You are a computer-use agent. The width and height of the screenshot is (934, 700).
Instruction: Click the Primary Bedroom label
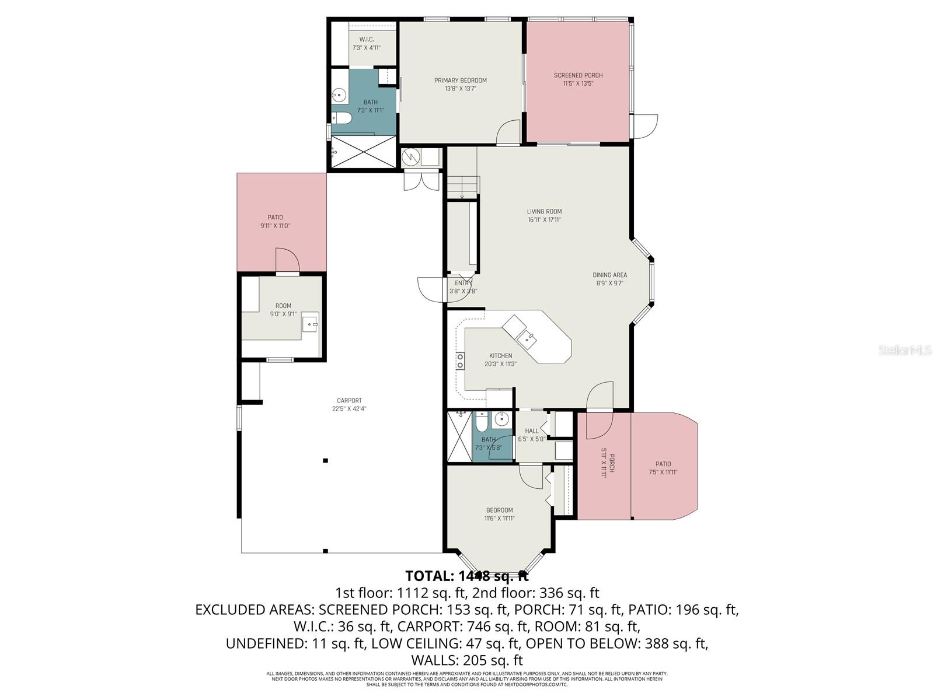tap(460, 80)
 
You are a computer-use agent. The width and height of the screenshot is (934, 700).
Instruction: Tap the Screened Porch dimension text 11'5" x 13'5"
tap(578, 83)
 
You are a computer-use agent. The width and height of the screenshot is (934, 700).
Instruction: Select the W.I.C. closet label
tap(366, 40)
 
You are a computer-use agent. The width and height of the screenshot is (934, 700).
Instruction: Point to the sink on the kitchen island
tap(528, 337)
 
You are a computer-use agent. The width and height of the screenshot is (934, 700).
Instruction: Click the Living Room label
tap(544, 212)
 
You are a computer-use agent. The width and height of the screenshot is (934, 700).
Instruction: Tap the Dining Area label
tap(609, 275)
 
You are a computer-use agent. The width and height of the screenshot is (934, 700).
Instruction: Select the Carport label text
tap(349, 401)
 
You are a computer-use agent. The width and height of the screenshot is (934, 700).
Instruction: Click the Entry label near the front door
tap(463, 283)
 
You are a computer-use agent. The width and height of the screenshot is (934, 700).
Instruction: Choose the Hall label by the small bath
tap(532, 431)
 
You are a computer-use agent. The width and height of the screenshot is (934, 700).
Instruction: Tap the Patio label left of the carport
tap(275, 218)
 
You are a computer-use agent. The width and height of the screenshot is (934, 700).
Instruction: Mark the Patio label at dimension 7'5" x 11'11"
tap(663, 464)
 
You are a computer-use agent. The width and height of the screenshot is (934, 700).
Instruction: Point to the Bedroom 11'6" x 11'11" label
tap(499, 510)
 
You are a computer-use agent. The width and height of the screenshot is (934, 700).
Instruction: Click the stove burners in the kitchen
tap(460, 360)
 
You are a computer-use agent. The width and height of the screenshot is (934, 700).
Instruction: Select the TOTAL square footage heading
tap(466, 576)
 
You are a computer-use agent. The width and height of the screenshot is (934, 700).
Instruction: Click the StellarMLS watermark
tap(904, 350)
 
